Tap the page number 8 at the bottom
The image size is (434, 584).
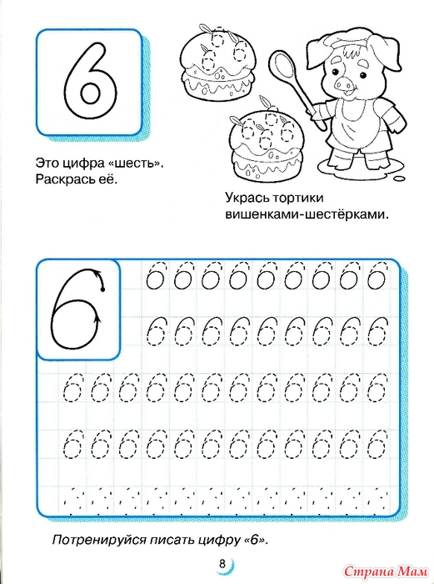point(222,563)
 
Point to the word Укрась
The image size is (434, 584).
point(247,198)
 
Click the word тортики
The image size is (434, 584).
point(298,198)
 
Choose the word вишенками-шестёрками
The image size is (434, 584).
point(307,215)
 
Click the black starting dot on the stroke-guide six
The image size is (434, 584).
point(102,289)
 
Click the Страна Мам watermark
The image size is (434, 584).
point(386,571)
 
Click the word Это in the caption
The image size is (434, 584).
point(47,163)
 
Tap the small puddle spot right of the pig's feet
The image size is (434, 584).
point(400,178)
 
